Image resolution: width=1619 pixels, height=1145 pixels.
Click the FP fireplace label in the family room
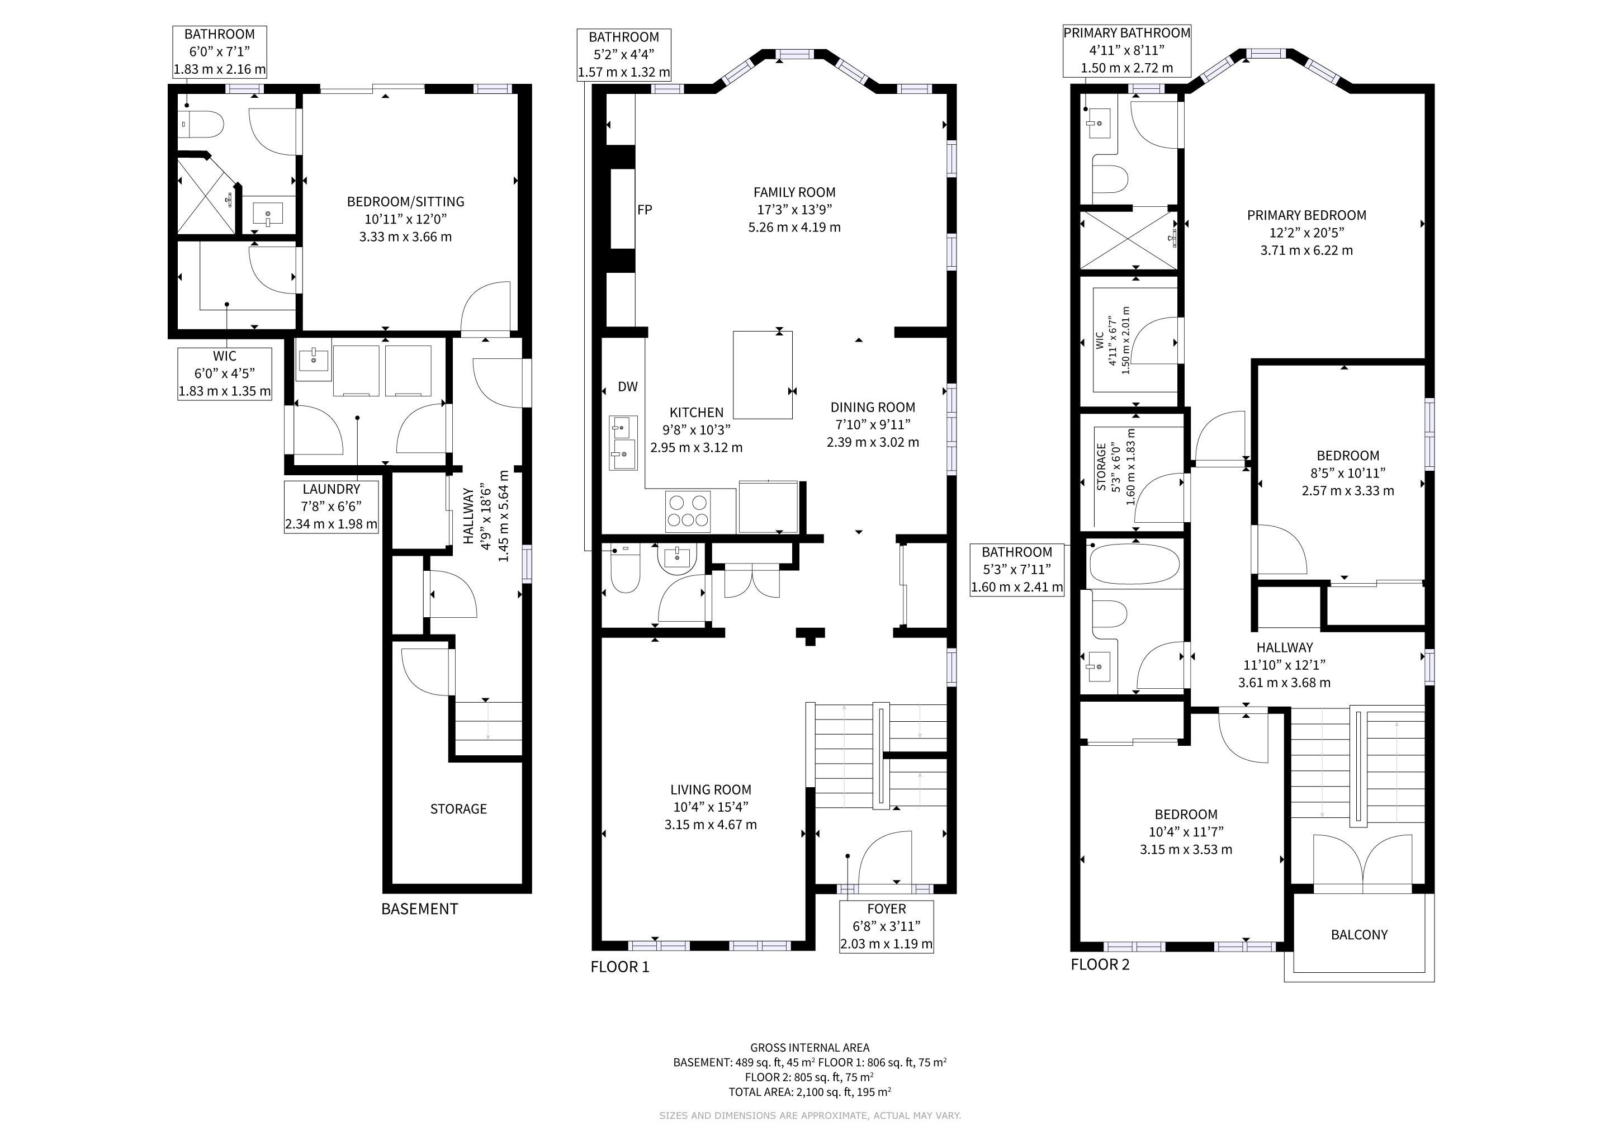click(x=645, y=210)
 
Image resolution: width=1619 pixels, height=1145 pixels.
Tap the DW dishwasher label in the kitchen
click(x=628, y=386)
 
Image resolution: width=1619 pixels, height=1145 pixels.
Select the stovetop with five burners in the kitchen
click(x=688, y=511)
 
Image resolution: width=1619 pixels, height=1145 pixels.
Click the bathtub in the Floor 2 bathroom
click(x=1134, y=564)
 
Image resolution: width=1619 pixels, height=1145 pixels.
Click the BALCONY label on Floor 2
click(x=1359, y=935)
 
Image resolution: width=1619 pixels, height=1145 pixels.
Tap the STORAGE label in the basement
click(x=458, y=808)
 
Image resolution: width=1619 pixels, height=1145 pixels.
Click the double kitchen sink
click(x=623, y=443)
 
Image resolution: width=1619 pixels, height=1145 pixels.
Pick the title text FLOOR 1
click(x=620, y=967)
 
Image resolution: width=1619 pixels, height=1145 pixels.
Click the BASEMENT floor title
click(x=419, y=909)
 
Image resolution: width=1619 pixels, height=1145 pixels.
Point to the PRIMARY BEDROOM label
click(x=1306, y=215)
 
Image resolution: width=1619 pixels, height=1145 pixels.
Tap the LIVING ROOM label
click(x=711, y=789)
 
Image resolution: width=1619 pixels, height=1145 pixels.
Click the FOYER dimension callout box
click(x=886, y=926)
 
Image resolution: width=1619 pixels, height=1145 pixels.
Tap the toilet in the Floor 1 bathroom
click(x=625, y=569)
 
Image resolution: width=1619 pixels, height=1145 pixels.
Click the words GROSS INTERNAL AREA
click(x=809, y=1048)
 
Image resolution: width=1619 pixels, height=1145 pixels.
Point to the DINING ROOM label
click(x=873, y=407)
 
